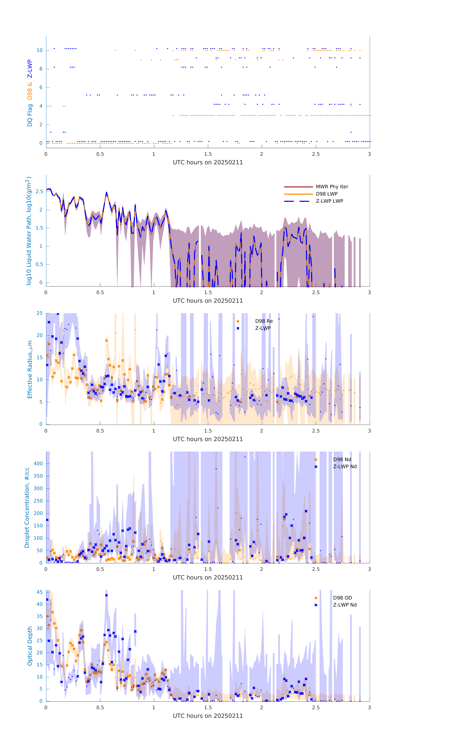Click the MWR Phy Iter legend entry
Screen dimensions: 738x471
point(332,187)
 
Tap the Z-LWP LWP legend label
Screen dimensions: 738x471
point(329,201)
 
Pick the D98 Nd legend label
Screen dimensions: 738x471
point(342,459)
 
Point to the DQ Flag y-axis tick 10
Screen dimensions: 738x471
point(40,50)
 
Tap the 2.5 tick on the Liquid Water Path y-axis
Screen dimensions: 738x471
point(39,192)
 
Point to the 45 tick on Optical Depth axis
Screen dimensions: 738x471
point(40,592)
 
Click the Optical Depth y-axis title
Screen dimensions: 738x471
point(30,646)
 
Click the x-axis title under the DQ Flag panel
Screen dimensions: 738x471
point(208,162)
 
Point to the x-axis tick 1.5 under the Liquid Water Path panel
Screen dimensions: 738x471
point(208,292)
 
